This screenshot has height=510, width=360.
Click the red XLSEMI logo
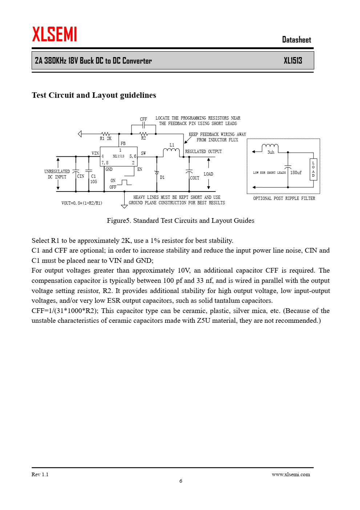click(54, 35)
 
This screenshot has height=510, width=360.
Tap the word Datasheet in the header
click(296, 40)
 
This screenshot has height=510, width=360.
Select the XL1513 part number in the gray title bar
click(293, 61)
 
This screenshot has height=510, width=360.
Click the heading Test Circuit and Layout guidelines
click(94, 95)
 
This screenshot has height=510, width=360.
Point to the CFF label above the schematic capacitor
click(143, 119)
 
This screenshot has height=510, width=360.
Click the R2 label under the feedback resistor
click(143, 138)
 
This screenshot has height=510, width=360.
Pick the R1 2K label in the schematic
click(106, 138)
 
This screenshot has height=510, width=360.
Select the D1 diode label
click(162, 177)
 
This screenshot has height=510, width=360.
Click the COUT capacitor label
click(195, 178)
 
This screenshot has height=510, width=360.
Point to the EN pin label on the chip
click(140, 169)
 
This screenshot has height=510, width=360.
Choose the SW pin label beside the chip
click(143, 153)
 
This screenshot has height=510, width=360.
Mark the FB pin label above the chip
click(123, 144)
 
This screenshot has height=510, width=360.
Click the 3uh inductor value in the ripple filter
click(271, 152)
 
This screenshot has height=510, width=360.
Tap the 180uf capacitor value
click(296, 173)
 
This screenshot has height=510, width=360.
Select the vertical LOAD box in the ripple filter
click(313, 169)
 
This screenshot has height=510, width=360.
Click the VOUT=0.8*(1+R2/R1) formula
click(82, 203)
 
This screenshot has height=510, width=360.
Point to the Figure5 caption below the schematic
click(181, 221)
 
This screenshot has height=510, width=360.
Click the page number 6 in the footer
click(181, 481)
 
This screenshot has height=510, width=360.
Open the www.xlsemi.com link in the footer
click(291, 474)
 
